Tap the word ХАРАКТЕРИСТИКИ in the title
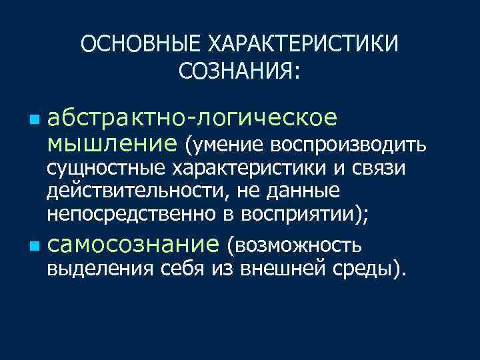coord(305,45)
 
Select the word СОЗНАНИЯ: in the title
coord(240,69)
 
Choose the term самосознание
coord(133,245)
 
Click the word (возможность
coord(295,246)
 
